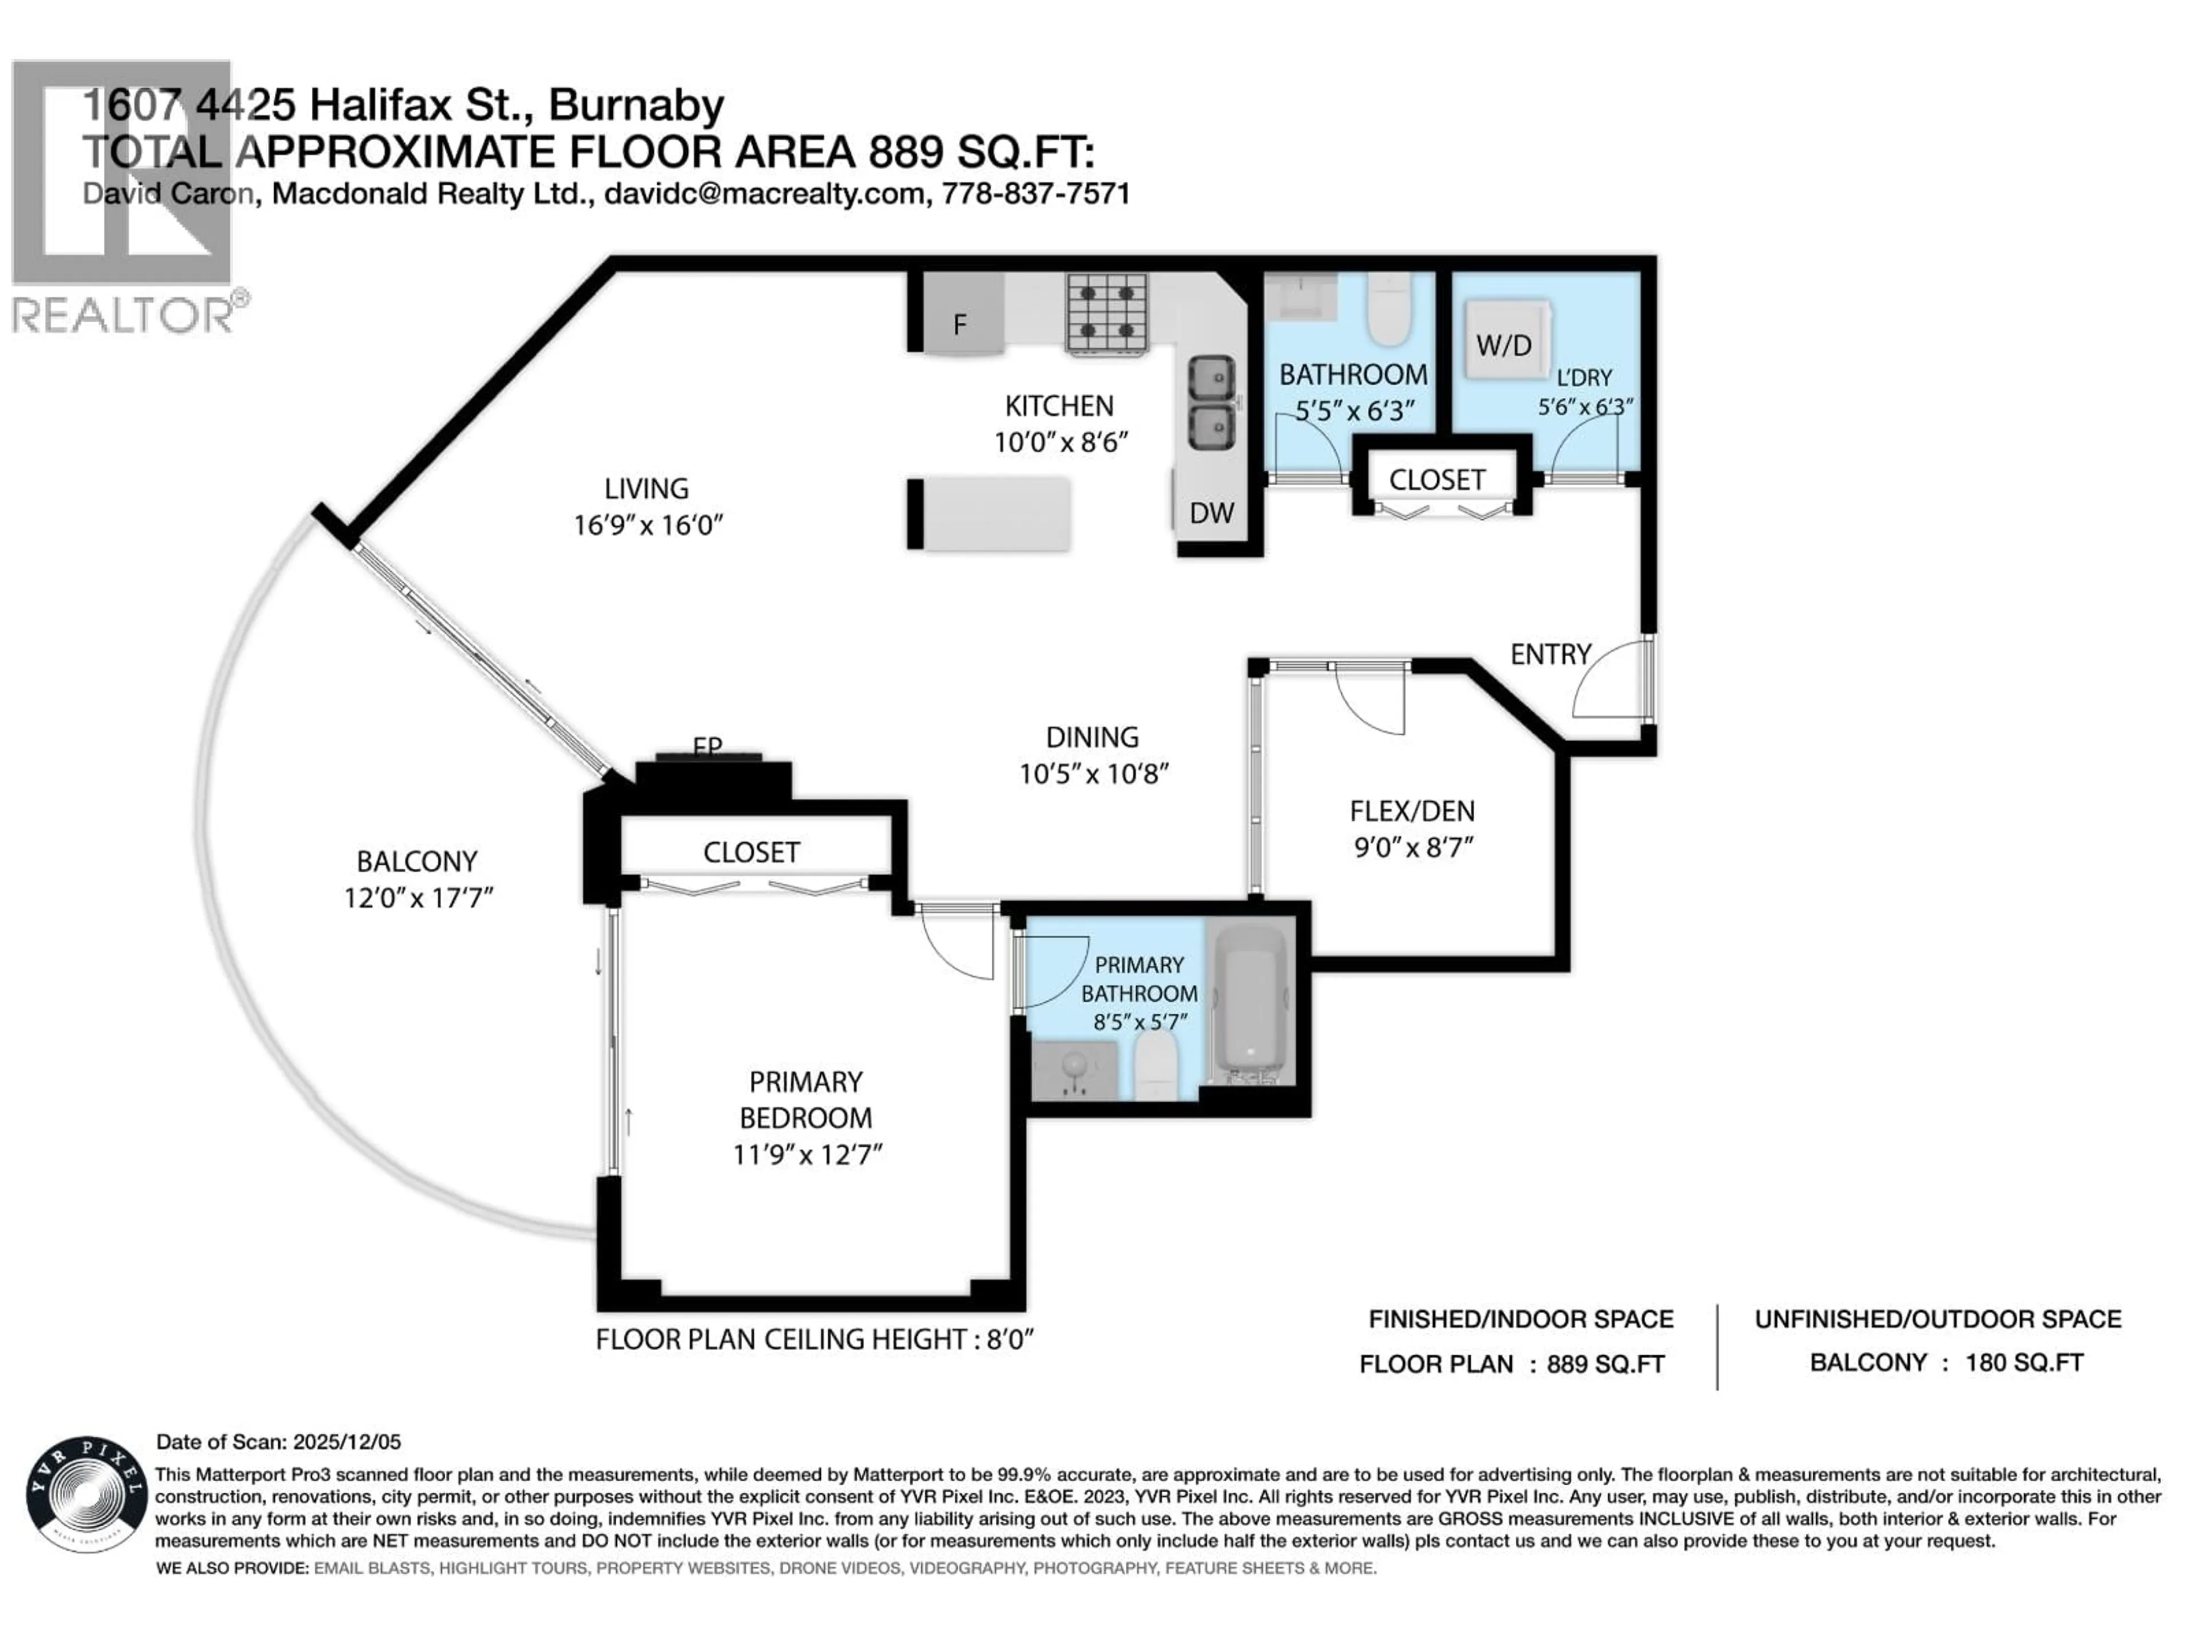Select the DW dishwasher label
point(1211,513)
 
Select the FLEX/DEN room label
point(1411,812)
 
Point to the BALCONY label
point(417,861)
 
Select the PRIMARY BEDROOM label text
point(805,1100)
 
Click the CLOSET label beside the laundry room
point(1437,480)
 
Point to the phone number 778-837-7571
point(1035,193)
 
